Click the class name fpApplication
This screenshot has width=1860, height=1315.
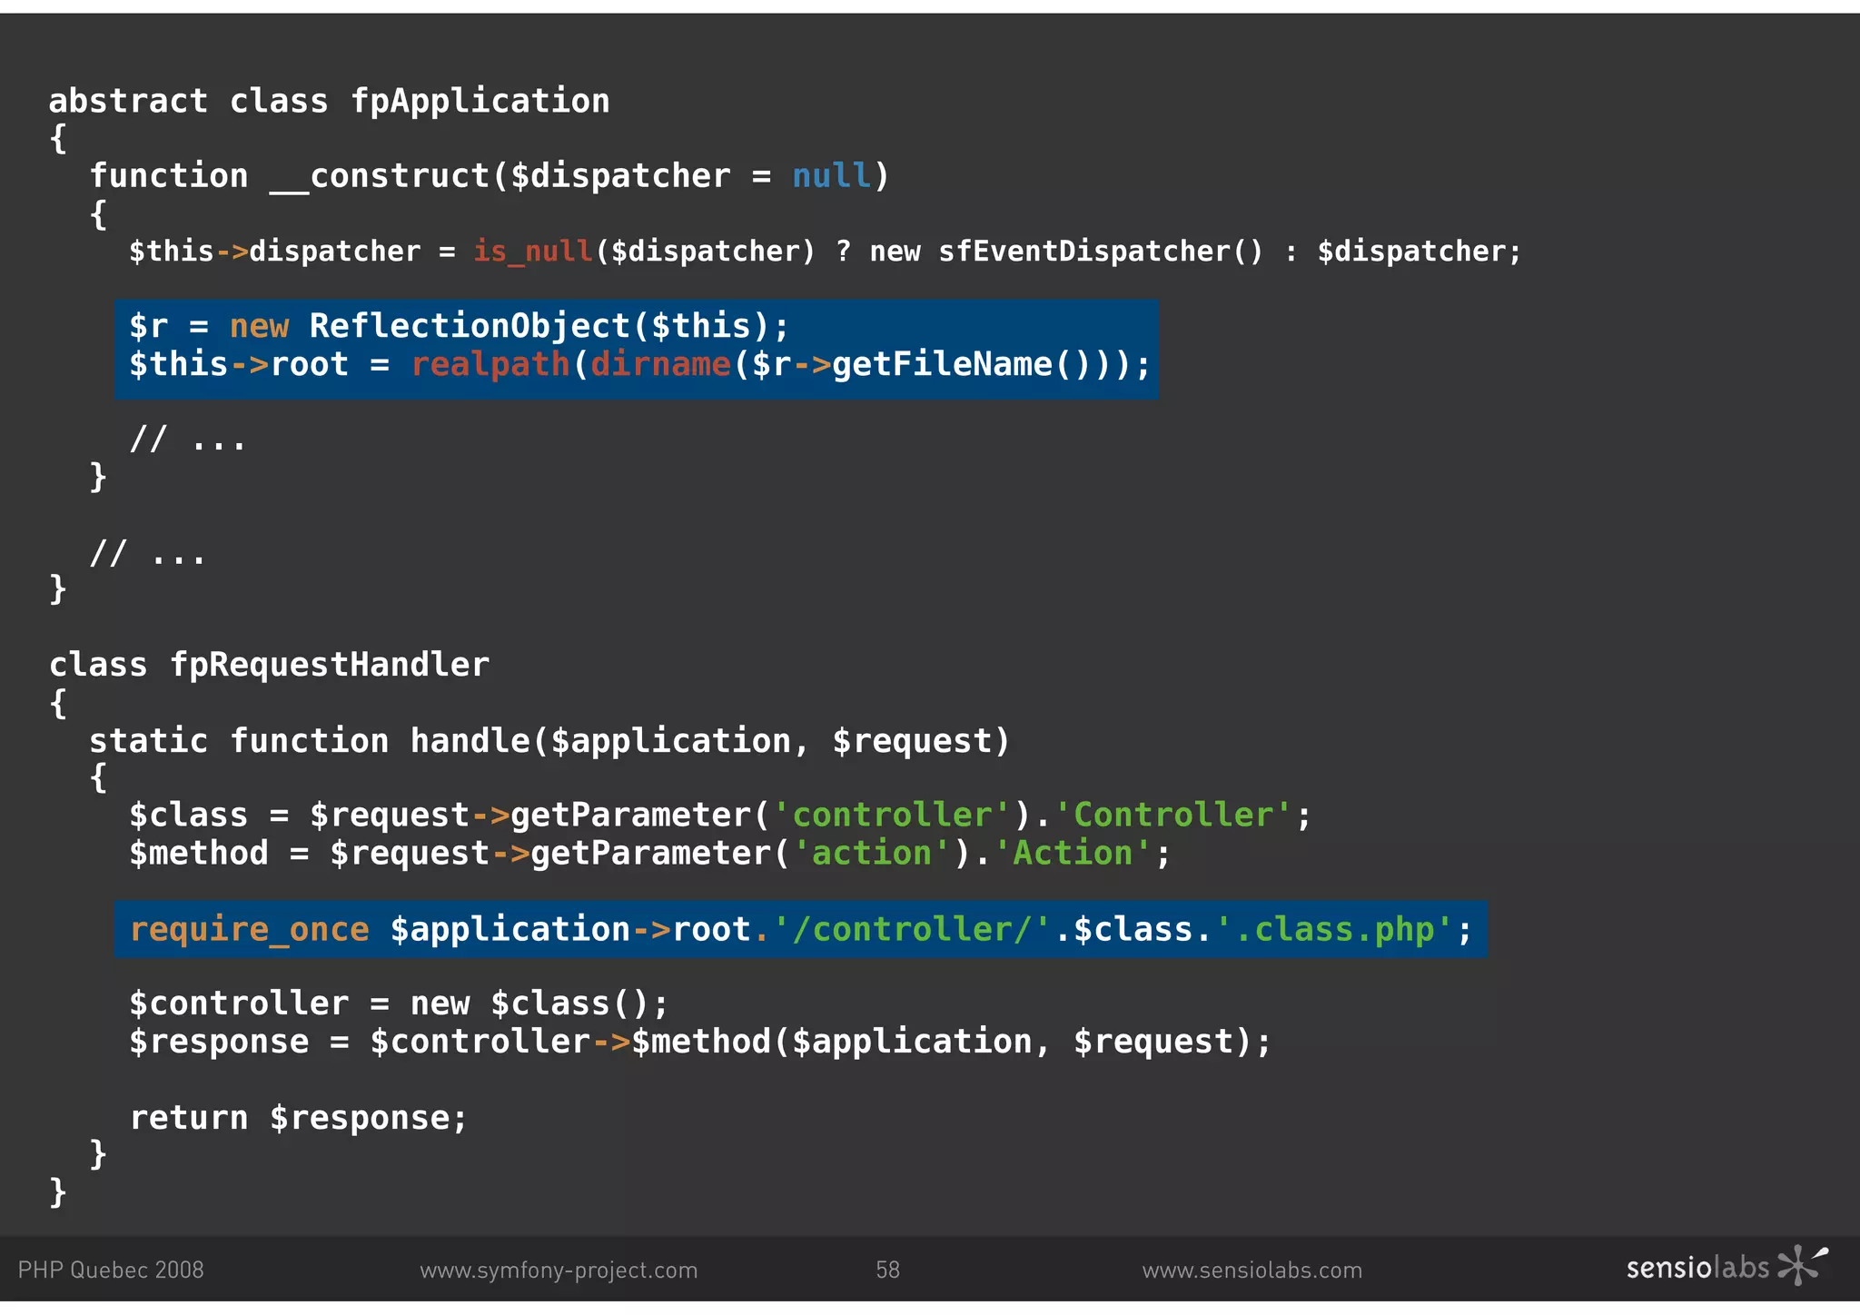[x=480, y=101]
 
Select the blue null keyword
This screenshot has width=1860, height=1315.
[x=831, y=175]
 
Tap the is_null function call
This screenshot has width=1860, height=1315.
[x=533, y=251]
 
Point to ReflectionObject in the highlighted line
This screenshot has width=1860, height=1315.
[x=470, y=326]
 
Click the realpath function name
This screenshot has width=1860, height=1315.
[x=490, y=365]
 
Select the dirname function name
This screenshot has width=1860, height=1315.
[x=660, y=365]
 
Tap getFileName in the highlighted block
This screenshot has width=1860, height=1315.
[x=942, y=365]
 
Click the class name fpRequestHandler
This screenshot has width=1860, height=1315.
[x=330, y=665]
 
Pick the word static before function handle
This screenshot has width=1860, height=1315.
[x=148, y=741]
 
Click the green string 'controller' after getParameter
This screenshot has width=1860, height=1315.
[x=892, y=815]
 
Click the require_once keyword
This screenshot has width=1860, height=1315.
[x=250, y=930]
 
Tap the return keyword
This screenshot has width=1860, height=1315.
[x=189, y=1118]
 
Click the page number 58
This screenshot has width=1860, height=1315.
[x=887, y=1270]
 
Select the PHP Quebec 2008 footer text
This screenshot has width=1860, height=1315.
[x=111, y=1270]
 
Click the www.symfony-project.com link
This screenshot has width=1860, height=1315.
[x=559, y=1270]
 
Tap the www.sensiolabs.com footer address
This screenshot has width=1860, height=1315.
[x=1252, y=1270]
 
